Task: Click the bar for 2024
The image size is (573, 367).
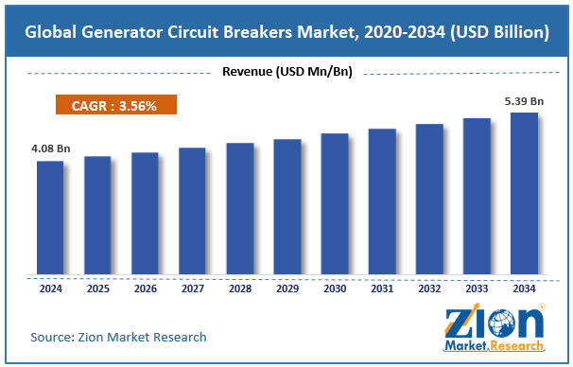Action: pyautogui.click(x=50, y=218)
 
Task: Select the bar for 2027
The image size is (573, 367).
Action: pyautogui.click(x=192, y=212)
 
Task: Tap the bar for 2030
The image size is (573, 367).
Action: pyautogui.click(x=335, y=204)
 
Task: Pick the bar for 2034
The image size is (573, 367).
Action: pyautogui.click(x=524, y=194)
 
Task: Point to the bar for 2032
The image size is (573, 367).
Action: pyautogui.click(x=429, y=200)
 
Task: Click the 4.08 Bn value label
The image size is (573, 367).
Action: pyautogui.click(x=50, y=149)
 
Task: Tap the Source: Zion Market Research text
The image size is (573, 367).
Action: pyautogui.click(x=118, y=337)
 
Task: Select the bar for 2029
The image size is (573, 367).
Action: pyautogui.click(x=287, y=207)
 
